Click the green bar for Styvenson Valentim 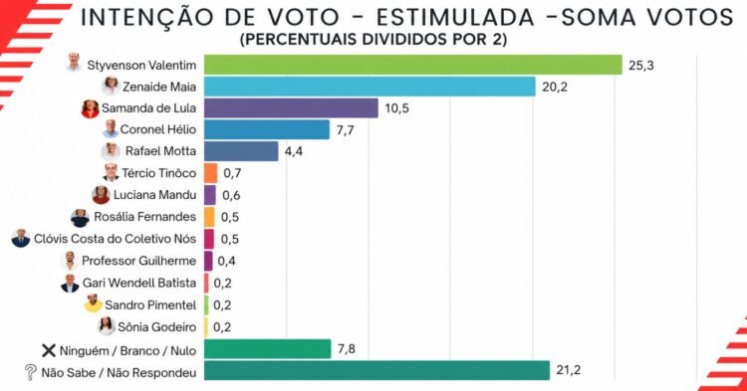click(x=413, y=65)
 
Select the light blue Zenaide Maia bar click(x=370, y=87)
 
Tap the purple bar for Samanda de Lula click(x=291, y=108)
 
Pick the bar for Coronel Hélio click(x=267, y=129)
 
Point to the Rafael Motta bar click(x=241, y=151)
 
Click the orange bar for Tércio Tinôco click(x=210, y=173)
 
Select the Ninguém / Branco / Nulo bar click(x=268, y=348)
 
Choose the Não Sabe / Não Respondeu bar click(x=376, y=370)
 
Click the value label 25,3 click(x=641, y=66)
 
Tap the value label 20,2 click(x=555, y=87)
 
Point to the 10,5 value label click(x=396, y=108)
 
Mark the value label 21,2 click(x=569, y=370)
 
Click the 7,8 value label click(x=347, y=349)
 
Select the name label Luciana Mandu click(x=154, y=195)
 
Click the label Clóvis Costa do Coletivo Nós click(x=115, y=239)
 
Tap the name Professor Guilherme click(x=139, y=261)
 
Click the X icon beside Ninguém click(x=49, y=350)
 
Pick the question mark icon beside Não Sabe click(x=30, y=372)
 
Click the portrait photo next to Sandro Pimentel click(x=94, y=303)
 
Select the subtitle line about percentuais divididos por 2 click(x=373, y=39)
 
